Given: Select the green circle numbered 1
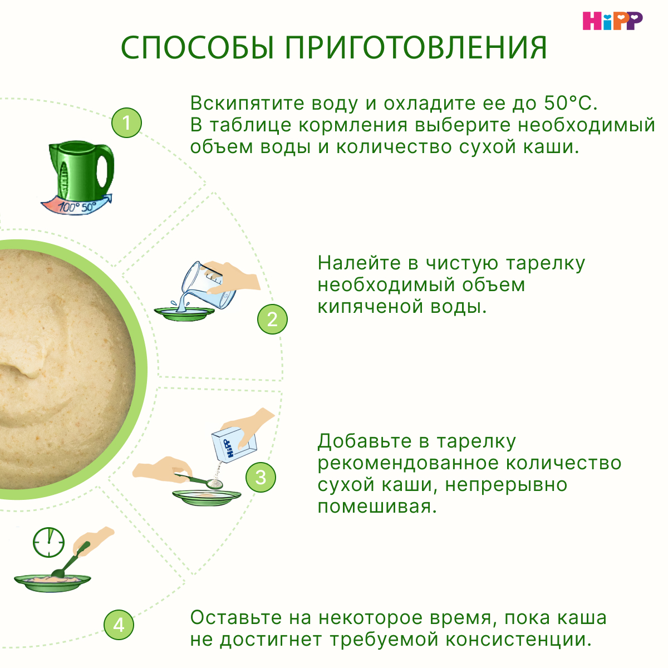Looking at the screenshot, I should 126,122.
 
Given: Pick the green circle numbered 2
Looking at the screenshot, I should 272,319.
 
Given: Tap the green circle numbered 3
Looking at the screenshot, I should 261,478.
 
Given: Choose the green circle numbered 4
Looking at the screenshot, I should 119,625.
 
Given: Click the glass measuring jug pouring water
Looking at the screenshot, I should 209,284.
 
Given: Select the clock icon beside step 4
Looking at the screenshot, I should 48,542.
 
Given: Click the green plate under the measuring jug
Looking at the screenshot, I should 184,314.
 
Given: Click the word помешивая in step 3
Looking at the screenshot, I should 377,507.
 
